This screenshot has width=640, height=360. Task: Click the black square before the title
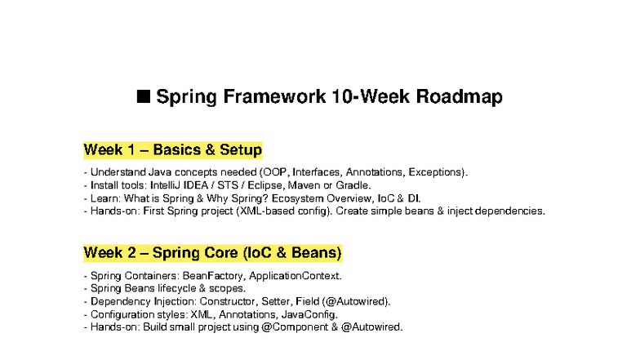pos(144,97)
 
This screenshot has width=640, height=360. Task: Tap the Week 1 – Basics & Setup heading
pos(172,150)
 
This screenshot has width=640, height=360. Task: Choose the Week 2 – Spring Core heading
pos(212,251)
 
